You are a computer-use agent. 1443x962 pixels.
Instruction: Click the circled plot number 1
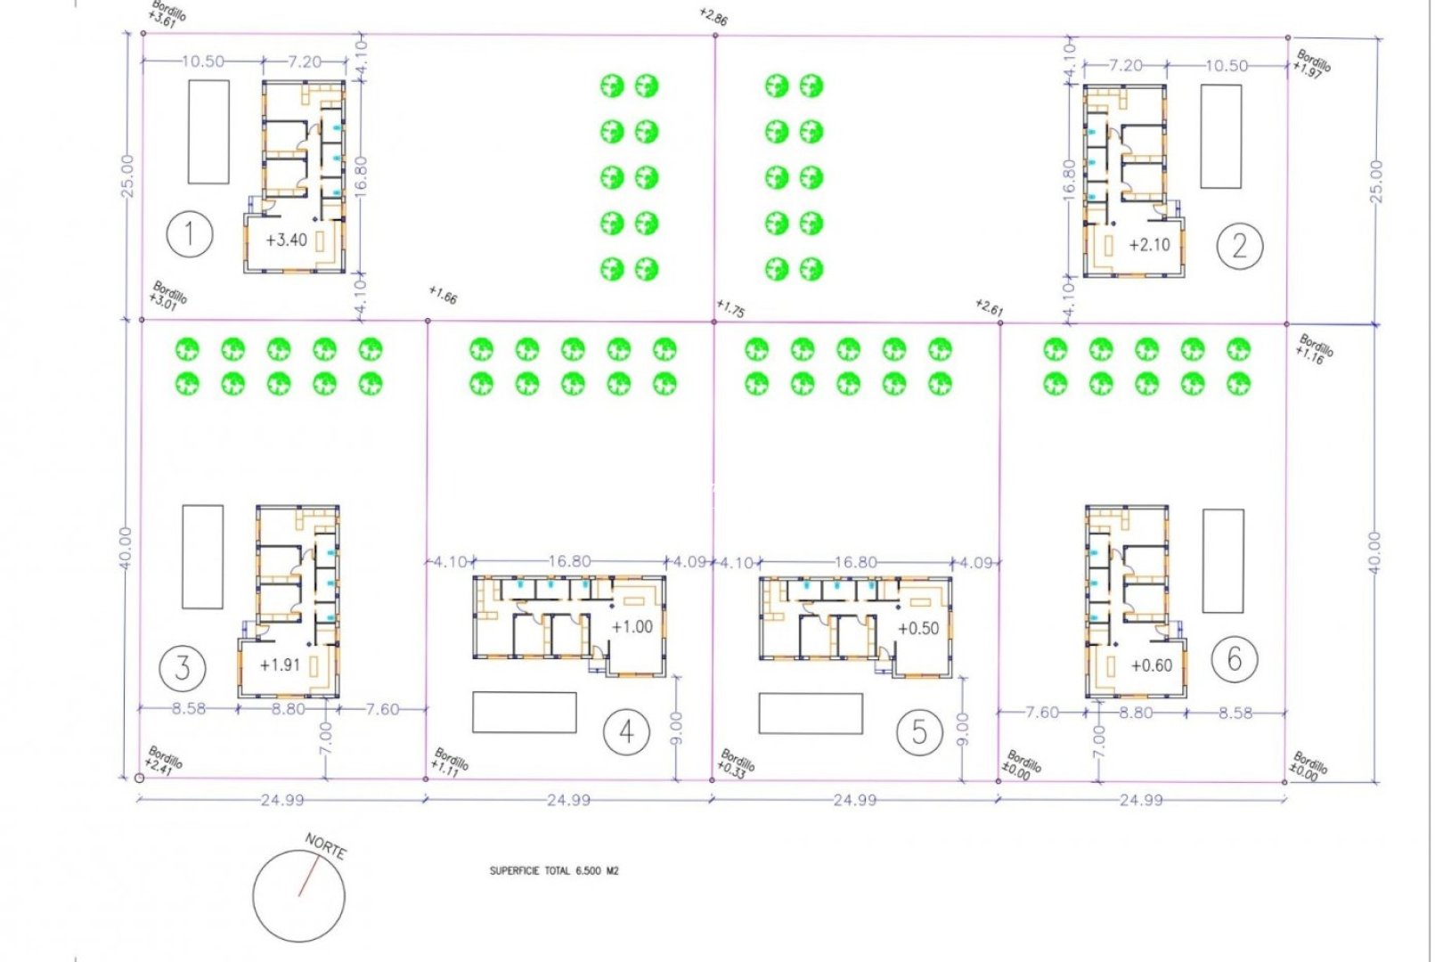(190, 235)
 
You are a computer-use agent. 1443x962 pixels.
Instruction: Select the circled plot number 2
(1239, 245)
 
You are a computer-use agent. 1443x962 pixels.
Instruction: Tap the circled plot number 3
(183, 667)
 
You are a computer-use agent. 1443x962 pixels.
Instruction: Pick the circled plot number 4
(626, 732)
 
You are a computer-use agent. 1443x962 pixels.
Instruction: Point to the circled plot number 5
(918, 733)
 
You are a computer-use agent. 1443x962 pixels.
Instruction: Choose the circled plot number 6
(1234, 660)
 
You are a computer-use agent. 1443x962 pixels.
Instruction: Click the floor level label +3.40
(286, 240)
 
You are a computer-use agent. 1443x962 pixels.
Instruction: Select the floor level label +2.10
(1148, 245)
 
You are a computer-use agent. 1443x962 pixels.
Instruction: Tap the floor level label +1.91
(279, 665)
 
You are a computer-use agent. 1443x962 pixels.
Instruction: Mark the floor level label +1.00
(632, 627)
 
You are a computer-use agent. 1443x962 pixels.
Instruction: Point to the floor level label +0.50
(917, 629)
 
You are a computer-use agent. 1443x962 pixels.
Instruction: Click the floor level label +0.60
(1151, 666)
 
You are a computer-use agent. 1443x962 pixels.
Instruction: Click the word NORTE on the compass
(325, 846)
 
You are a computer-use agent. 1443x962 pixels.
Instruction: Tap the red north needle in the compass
(308, 877)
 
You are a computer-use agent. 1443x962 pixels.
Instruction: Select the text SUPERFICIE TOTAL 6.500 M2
(553, 871)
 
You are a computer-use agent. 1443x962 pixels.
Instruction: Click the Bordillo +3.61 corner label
(167, 14)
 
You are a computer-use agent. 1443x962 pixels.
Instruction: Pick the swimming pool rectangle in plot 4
(524, 713)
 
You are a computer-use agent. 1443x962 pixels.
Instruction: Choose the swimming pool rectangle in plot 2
(1220, 136)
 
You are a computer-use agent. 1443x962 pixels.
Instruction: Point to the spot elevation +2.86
(713, 17)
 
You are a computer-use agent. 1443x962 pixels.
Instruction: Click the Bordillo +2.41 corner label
(164, 762)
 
